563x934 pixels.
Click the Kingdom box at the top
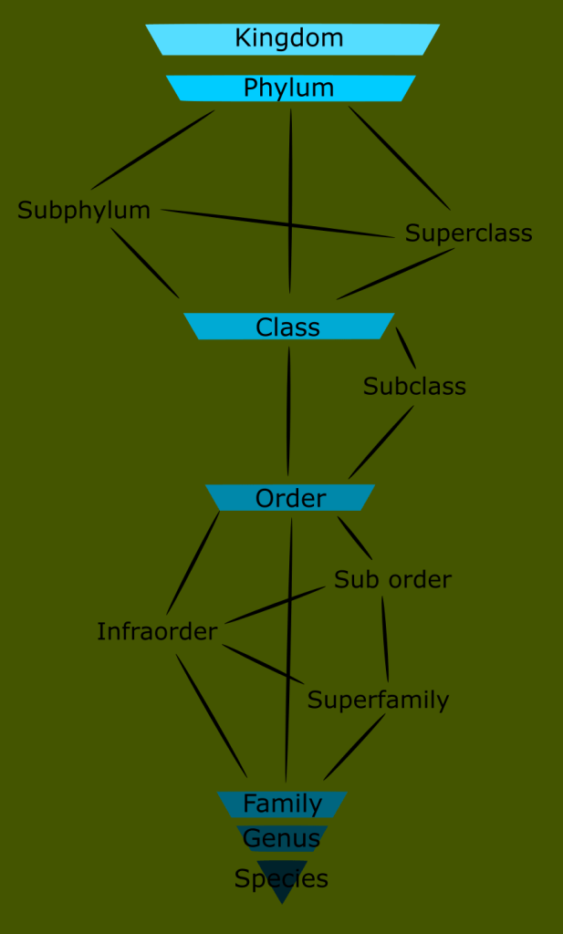(x=292, y=39)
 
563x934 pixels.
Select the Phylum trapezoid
(x=290, y=88)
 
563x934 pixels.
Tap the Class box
(x=288, y=327)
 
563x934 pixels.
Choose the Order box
(x=290, y=498)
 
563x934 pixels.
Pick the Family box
(x=282, y=804)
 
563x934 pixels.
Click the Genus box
(x=282, y=837)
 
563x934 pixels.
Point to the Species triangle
(x=282, y=879)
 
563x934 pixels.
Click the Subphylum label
(x=84, y=211)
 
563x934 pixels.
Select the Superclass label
(x=468, y=233)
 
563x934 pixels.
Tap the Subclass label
(x=414, y=387)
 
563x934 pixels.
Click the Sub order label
(x=392, y=580)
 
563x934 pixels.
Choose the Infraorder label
(x=157, y=631)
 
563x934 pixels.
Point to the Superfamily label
(x=378, y=700)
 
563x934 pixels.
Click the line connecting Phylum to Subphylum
(x=152, y=150)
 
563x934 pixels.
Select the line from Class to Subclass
(x=405, y=348)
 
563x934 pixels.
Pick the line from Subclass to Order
(x=381, y=443)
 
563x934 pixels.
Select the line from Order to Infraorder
(x=193, y=562)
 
